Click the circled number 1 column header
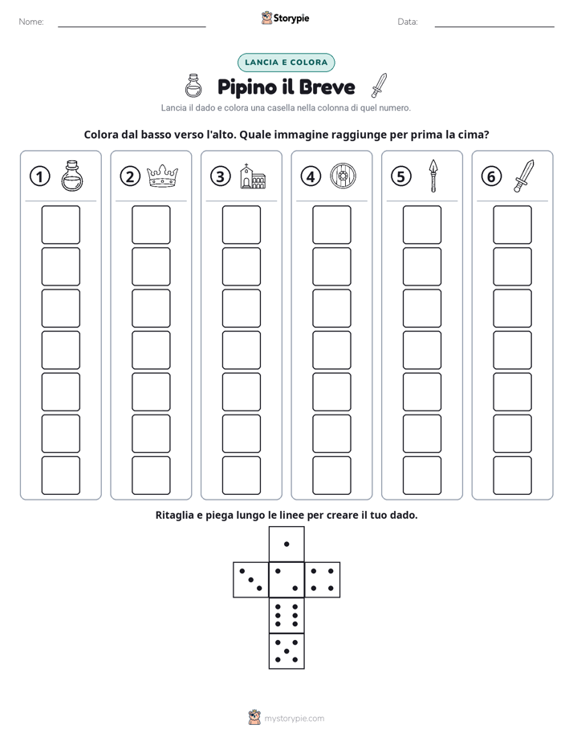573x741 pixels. tap(39, 176)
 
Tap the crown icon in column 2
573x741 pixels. tap(163, 176)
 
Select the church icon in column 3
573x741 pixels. tap(253, 176)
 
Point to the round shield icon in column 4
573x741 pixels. tap(343, 176)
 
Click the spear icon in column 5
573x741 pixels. tap(433, 176)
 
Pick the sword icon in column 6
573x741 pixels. tap(524, 176)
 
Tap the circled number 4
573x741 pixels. tap(311, 176)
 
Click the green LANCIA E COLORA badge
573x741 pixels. tap(286, 63)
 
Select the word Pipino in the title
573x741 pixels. tap(247, 87)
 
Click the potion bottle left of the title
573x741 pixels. tap(193, 86)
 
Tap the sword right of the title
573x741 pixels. tap(379, 85)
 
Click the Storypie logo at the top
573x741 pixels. tap(285, 18)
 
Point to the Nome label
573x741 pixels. tap(31, 22)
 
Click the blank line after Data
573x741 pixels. tap(494, 26)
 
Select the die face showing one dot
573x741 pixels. tap(286, 544)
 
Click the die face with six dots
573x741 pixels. tap(286, 615)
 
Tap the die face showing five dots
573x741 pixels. tap(286, 651)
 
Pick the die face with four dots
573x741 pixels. tap(323, 580)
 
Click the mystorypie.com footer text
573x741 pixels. tap(294, 719)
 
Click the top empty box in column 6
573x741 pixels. tap(512, 225)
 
